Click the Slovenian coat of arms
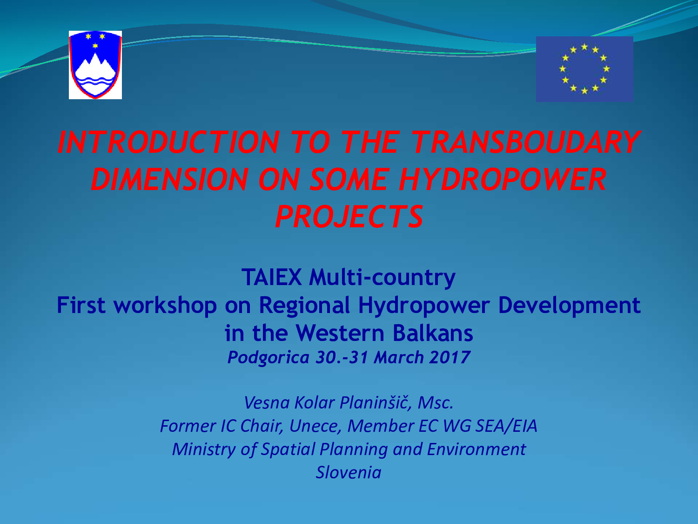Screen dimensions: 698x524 (x=95, y=65)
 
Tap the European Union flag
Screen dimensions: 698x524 (x=584, y=69)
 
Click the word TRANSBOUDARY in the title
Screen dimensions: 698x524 (x=525, y=142)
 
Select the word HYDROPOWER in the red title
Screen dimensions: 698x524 (x=503, y=179)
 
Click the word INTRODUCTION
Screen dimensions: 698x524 (x=168, y=142)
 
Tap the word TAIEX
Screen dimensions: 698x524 (x=272, y=277)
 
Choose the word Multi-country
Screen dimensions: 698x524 (x=382, y=278)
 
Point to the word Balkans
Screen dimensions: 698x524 (x=433, y=333)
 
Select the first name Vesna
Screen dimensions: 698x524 (x=267, y=403)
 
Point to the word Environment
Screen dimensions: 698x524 (x=477, y=449)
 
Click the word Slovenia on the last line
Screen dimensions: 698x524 (x=349, y=472)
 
